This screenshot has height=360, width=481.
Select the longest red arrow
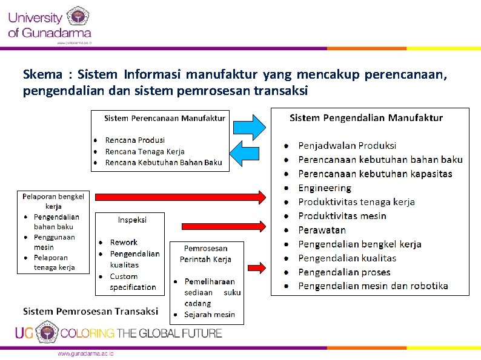click(x=181, y=197)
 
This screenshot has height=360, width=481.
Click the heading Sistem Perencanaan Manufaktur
click(x=164, y=118)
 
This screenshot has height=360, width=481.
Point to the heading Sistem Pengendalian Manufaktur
click(x=366, y=118)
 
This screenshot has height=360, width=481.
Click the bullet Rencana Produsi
click(x=134, y=140)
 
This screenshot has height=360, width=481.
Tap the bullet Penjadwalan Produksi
click(x=347, y=146)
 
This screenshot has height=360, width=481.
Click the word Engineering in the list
click(x=324, y=188)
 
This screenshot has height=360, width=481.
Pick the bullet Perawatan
click(x=322, y=230)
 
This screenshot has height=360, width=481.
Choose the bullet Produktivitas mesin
click(x=342, y=216)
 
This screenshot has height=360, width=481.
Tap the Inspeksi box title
click(x=132, y=220)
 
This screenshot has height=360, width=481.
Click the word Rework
click(x=124, y=242)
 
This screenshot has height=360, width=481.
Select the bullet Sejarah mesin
click(x=209, y=314)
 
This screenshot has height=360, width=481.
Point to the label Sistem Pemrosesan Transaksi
click(x=90, y=311)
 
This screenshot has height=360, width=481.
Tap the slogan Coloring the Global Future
click(x=141, y=333)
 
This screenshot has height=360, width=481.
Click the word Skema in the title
click(x=42, y=75)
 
